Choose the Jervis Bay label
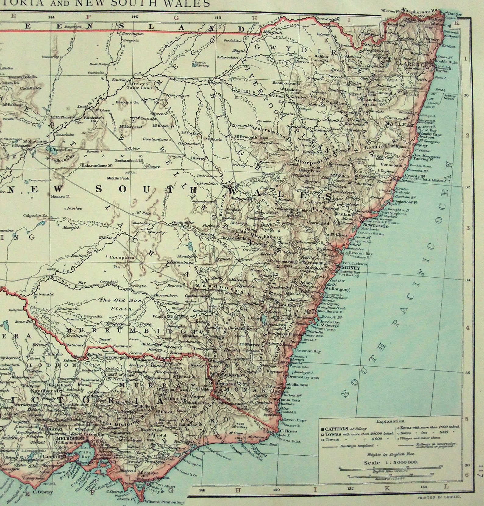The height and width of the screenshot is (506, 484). pyautogui.click(x=331, y=322)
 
